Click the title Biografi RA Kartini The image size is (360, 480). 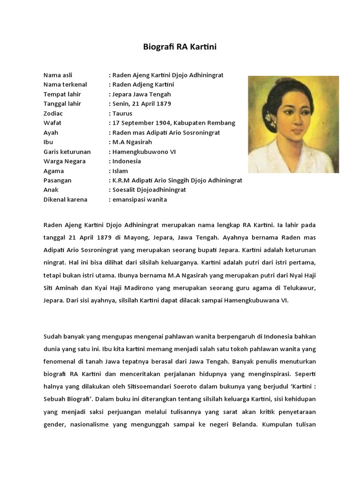[180, 47]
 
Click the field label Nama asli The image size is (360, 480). [58, 75]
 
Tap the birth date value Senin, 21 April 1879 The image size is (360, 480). [141, 104]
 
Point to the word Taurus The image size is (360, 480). [122, 113]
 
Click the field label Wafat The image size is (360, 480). [52, 123]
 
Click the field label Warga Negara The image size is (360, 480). [64, 161]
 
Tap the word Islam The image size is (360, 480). [120, 171]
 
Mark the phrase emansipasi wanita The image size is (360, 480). [139, 200]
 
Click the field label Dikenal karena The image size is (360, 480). [65, 200]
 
